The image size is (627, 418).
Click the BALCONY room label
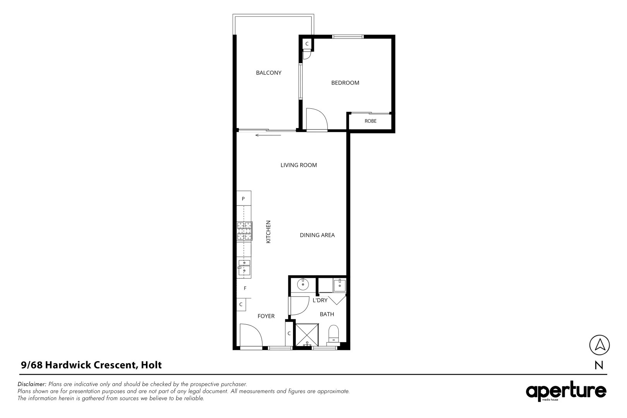pyautogui.click(x=269, y=73)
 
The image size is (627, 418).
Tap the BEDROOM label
pyautogui.click(x=345, y=83)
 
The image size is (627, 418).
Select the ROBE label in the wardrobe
pyautogui.click(x=370, y=121)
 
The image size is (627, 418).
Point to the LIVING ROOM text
pyautogui.click(x=298, y=165)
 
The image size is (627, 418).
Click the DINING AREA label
pyautogui.click(x=317, y=235)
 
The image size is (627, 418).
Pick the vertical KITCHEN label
pyautogui.click(x=268, y=232)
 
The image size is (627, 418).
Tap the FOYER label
pyautogui.click(x=266, y=316)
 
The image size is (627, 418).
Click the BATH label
pyautogui.click(x=327, y=314)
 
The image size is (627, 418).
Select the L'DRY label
pyautogui.click(x=320, y=300)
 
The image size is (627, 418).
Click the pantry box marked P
pyautogui.click(x=243, y=199)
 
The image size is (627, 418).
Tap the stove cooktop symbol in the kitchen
pyautogui.click(x=244, y=231)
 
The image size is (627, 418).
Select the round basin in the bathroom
pyautogui.click(x=302, y=285)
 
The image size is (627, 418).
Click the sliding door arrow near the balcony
pyautogui.click(x=268, y=135)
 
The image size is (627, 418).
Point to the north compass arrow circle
pyautogui.click(x=599, y=344)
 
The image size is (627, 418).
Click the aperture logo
pyautogui.click(x=565, y=392)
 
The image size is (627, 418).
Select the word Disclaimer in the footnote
pyautogui.click(x=32, y=384)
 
